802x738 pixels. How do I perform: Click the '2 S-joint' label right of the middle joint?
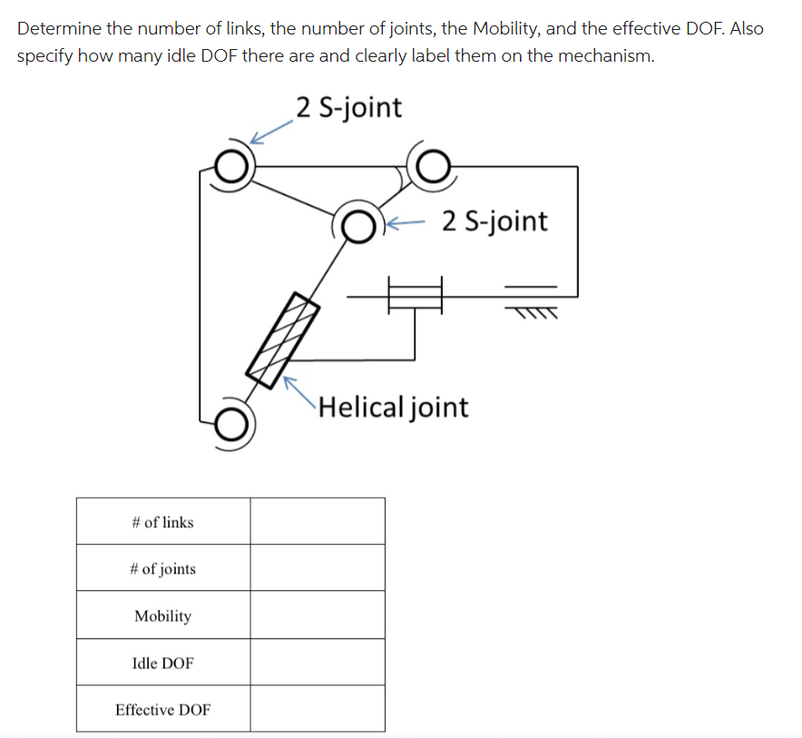point(495,221)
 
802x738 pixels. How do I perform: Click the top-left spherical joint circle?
point(233,168)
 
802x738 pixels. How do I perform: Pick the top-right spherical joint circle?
point(432,165)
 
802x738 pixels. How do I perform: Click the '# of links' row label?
point(162,522)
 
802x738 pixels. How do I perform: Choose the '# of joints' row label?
point(162,569)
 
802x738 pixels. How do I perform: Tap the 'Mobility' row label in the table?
point(162,616)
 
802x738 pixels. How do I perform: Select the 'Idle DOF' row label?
point(162,664)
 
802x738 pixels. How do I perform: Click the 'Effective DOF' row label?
point(162,710)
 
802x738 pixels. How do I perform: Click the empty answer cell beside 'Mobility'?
point(318,615)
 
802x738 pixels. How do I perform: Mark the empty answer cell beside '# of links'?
point(318,521)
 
